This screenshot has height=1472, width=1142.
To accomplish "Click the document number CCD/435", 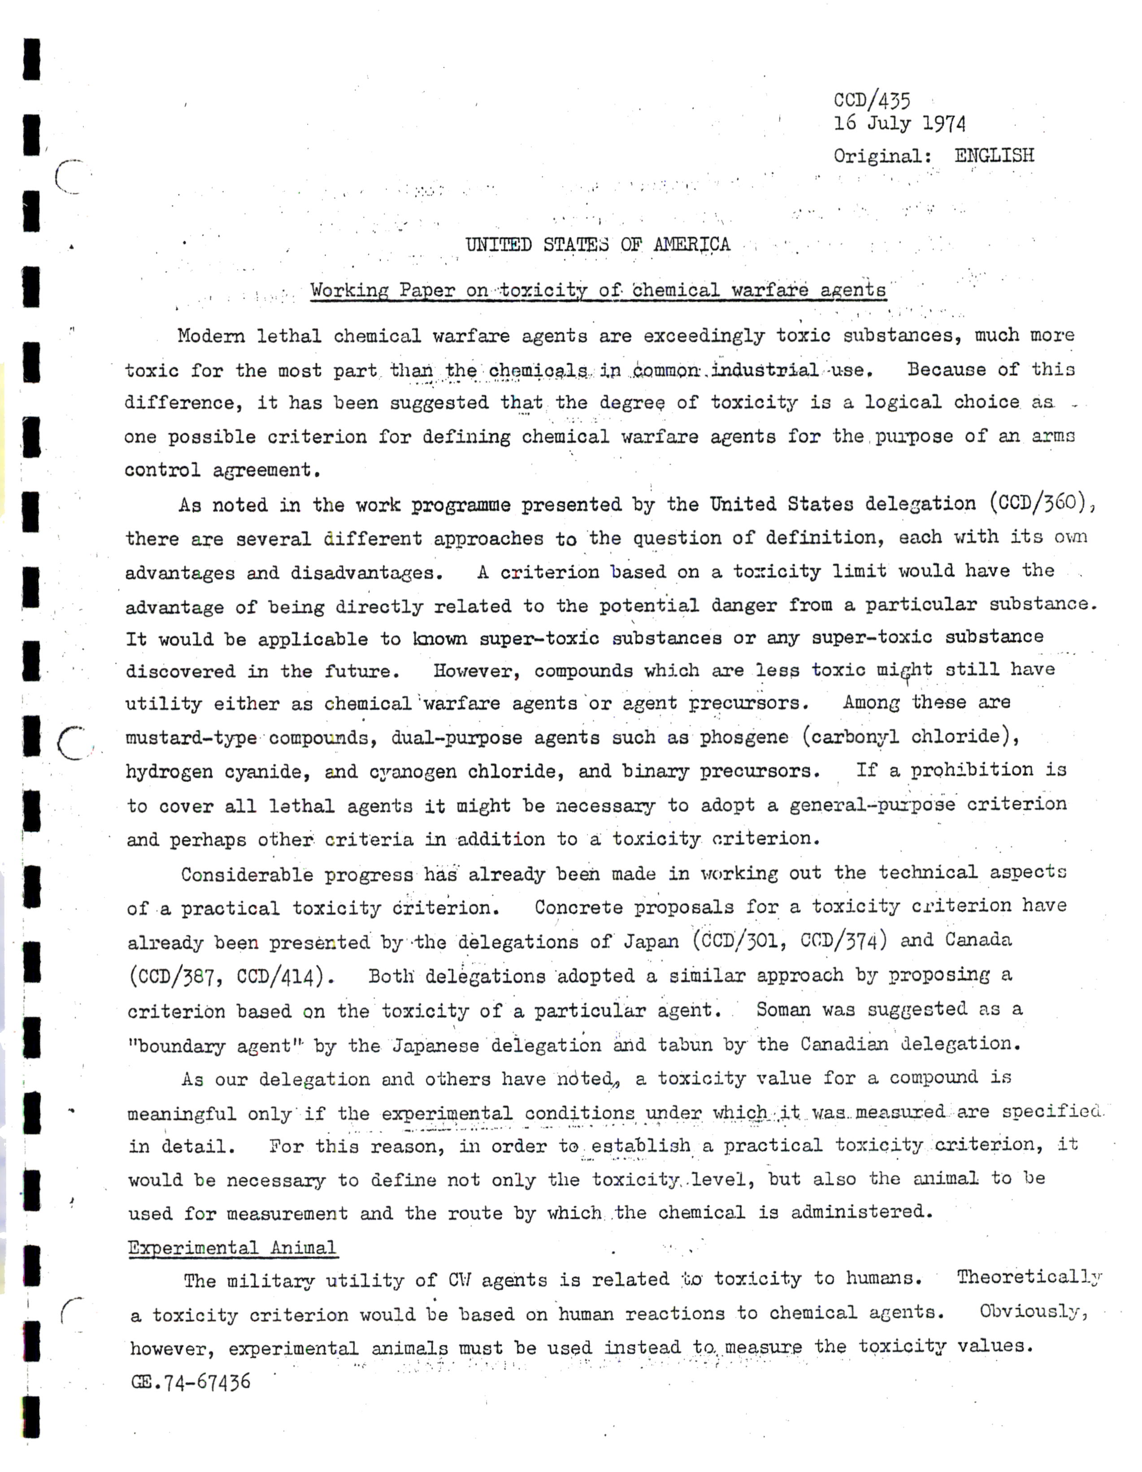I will coord(872,100).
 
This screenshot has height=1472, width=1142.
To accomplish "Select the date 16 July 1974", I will coord(899,124).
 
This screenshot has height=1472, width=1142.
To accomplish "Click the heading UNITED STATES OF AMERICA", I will coord(598,244).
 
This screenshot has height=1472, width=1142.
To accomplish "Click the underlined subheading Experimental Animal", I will coord(232,1248).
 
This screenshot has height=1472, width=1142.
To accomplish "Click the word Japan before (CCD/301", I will coord(650,941).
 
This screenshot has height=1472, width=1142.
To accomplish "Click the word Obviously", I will coord(1033,1311).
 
